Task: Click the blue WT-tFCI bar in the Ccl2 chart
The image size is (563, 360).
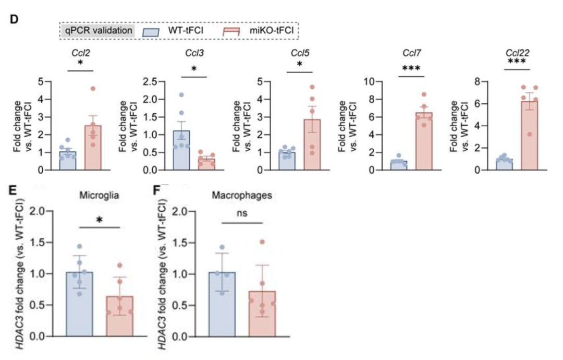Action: click(67, 161)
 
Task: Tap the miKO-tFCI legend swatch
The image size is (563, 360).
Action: click(235, 30)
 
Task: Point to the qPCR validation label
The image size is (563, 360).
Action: click(98, 30)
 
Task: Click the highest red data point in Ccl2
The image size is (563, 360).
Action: click(92, 89)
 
